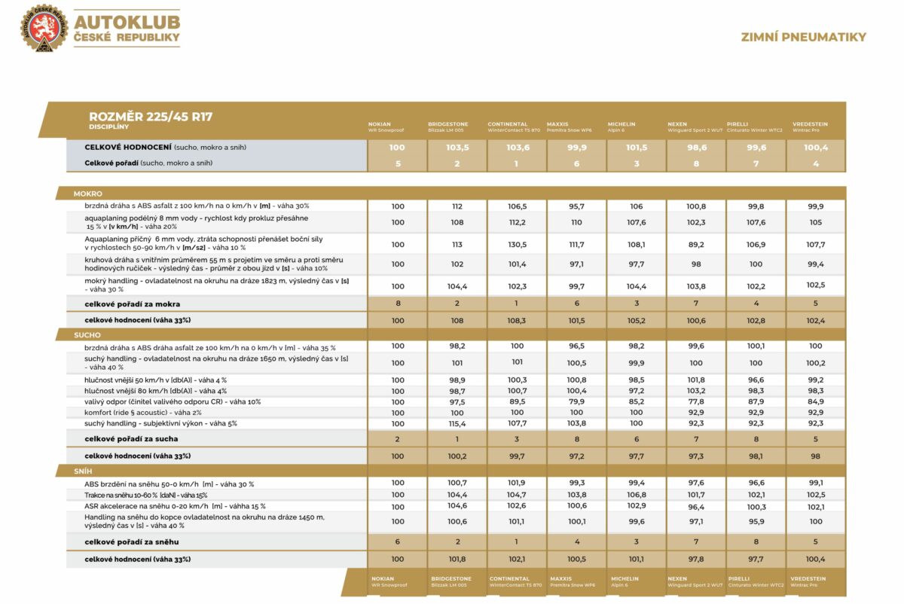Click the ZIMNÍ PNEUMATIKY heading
[x=803, y=37]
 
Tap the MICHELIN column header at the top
[x=621, y=124]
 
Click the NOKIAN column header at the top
[x=380, y=124]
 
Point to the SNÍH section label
[x=84, y=471]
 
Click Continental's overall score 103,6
[x=517, y=148]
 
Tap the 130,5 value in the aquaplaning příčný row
[x=517, y=244]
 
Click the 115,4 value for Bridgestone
[x=457, y=423]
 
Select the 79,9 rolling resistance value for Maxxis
[x=577, y=401]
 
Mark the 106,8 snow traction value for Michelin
[x=637, y=495]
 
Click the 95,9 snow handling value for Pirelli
[x=756, y=521]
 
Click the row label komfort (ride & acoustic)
[x=132, y=413]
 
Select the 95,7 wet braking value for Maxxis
[x=577, y=206]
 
